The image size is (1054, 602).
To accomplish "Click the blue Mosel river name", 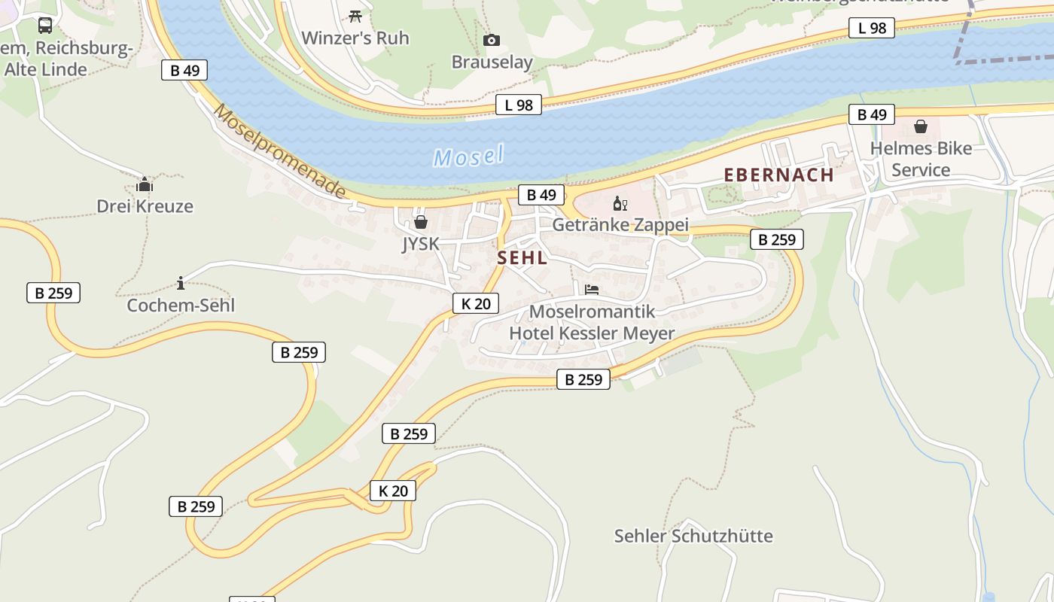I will (468, 156).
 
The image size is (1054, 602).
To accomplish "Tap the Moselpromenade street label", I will (280, 151).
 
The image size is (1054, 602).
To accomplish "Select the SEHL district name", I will (522, 257).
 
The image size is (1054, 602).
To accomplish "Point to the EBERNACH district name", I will (778, 175).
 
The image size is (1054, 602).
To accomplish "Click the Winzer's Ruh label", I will (355, 38).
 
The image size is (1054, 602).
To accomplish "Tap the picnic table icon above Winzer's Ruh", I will (355, 15).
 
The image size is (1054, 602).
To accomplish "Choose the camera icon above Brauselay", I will (491, 40).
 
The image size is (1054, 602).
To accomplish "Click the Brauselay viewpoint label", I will (492, 62).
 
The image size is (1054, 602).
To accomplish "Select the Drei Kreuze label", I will (145, 205).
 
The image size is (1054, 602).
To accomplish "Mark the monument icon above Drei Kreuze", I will (145, 184).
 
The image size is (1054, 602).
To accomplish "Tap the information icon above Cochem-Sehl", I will (180, 283).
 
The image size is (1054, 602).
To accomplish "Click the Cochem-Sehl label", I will (181, 305).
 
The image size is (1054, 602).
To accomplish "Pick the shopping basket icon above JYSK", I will (420, 222).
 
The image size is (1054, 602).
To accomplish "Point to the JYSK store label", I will (420, 244).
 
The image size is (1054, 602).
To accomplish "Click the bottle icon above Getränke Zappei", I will (620, 203).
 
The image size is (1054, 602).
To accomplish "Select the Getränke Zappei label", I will (620, 225).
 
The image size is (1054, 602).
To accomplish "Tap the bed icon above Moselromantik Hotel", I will (592, 289).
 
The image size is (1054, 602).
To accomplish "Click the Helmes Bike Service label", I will (920, 159).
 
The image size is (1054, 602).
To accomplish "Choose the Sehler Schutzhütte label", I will (693, 536).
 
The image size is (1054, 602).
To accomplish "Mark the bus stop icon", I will (45, 26).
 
